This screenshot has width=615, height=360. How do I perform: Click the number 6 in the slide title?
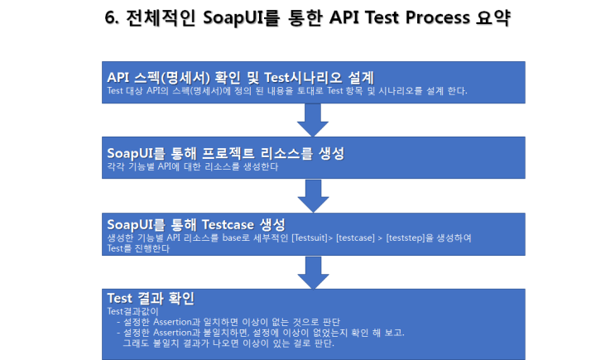[x=111, y=19]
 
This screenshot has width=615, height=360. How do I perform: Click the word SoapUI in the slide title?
[x=231, y=19]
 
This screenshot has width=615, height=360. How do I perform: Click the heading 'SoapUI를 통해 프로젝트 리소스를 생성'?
[x=225, y=153]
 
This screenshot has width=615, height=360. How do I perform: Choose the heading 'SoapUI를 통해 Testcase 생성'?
[x=196, y=224]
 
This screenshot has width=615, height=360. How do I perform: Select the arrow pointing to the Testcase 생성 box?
[x=313, y=195]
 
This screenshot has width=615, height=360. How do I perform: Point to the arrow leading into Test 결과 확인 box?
[x=313, y=270]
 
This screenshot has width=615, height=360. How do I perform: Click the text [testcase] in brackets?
[x=357, y=238]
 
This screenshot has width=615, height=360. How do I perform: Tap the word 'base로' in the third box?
[x=246, y=238]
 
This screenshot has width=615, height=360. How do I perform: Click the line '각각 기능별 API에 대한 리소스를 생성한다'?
[x=192, y=166]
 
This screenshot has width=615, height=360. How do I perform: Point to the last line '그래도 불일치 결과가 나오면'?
[x=228, y=343]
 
